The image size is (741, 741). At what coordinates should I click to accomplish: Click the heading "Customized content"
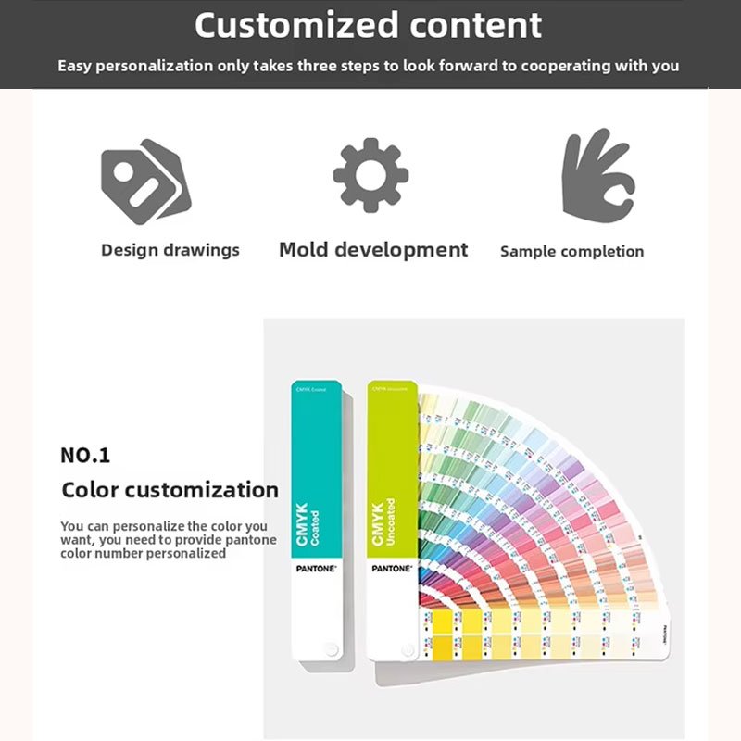(x=368, y=26)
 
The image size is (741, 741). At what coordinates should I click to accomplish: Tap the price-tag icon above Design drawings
(x=145, y=181)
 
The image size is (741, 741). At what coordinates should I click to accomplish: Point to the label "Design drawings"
(x=170, y=250)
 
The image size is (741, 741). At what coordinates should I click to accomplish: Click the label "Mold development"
(x=373, y=250)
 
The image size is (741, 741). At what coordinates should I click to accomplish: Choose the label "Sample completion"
(x=571, y=251)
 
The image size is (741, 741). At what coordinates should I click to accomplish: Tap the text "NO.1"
(x=85, y=456)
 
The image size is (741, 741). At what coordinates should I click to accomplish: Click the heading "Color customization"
(x=170, y=490)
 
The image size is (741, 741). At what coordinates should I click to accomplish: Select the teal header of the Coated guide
(x=317, y=435)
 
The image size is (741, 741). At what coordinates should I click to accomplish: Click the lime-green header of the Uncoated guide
(x=392, y=435)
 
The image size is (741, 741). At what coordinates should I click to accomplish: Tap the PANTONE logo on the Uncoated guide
(x=391, y=568)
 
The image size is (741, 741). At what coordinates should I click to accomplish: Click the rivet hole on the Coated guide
(x=331, y=648)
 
